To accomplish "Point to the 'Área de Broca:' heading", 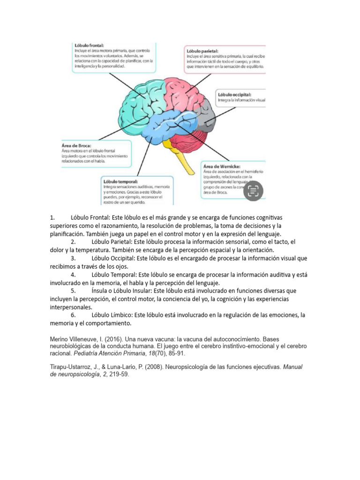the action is tap(77, 145).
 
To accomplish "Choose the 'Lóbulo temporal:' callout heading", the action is tap(120, 181).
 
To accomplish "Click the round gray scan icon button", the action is tap(254, 190).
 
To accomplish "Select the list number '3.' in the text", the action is tap(73, 258).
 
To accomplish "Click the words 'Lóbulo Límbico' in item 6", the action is tap(112, 315).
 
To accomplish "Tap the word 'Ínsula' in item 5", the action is tap(101, 291).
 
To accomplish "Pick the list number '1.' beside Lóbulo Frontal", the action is tap(52, 217).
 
